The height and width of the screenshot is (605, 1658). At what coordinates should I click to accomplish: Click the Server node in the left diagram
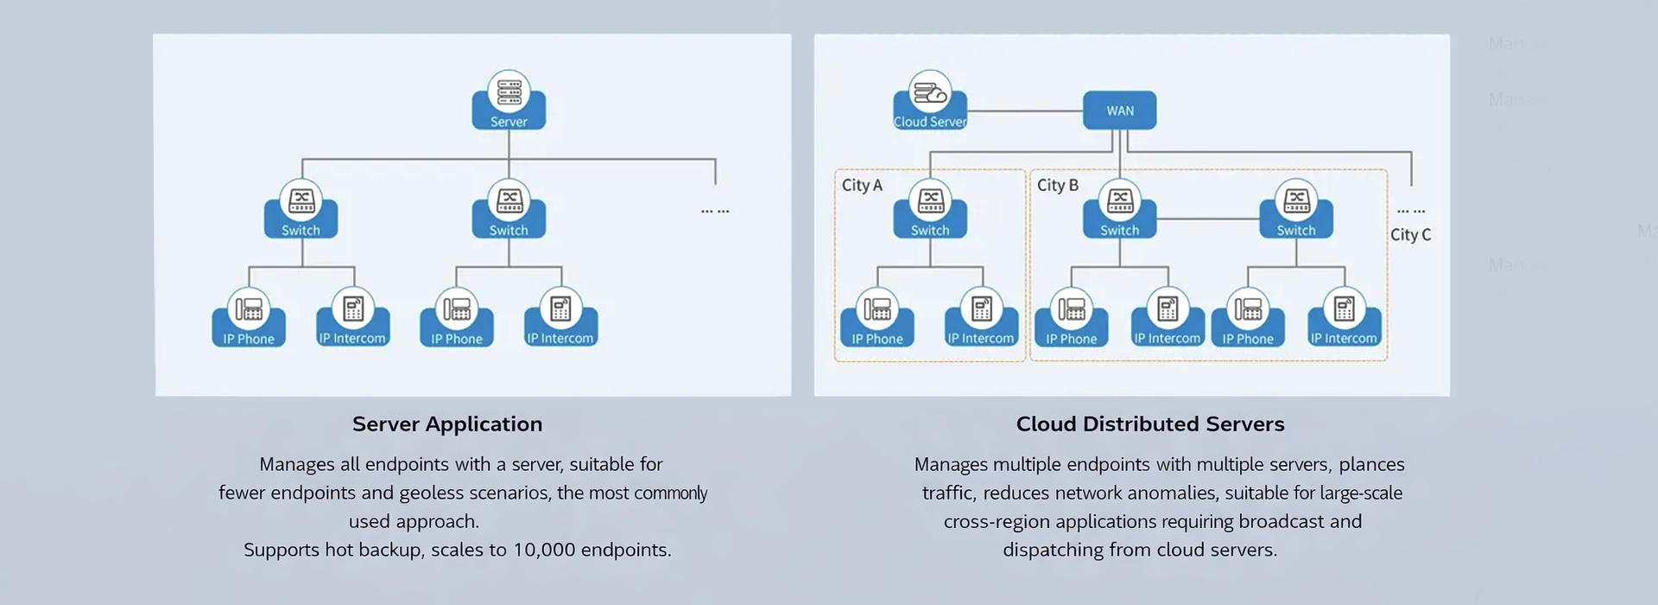509,102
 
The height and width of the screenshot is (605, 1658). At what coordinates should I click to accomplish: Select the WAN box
1119,111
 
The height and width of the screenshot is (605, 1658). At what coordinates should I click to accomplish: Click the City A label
862,185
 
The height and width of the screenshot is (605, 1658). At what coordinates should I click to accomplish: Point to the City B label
1057,185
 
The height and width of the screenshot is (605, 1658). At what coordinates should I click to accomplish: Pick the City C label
1410,234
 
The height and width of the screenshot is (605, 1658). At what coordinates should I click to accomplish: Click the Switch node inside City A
930,210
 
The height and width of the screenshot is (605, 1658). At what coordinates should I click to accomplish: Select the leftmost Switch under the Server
301,210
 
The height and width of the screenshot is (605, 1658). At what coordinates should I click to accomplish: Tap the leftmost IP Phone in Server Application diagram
249,319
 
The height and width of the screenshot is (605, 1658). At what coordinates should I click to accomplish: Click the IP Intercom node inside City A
981,319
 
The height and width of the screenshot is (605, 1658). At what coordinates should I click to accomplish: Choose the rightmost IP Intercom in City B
1344,319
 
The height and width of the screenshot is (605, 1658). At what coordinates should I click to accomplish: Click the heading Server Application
447,423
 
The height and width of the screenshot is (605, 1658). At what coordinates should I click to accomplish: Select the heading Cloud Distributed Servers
1149,423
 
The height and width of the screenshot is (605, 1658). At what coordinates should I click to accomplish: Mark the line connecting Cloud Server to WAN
1025,111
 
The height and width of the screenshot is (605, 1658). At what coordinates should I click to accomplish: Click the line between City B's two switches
1207,219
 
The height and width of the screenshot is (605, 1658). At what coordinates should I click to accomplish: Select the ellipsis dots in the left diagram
715,211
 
